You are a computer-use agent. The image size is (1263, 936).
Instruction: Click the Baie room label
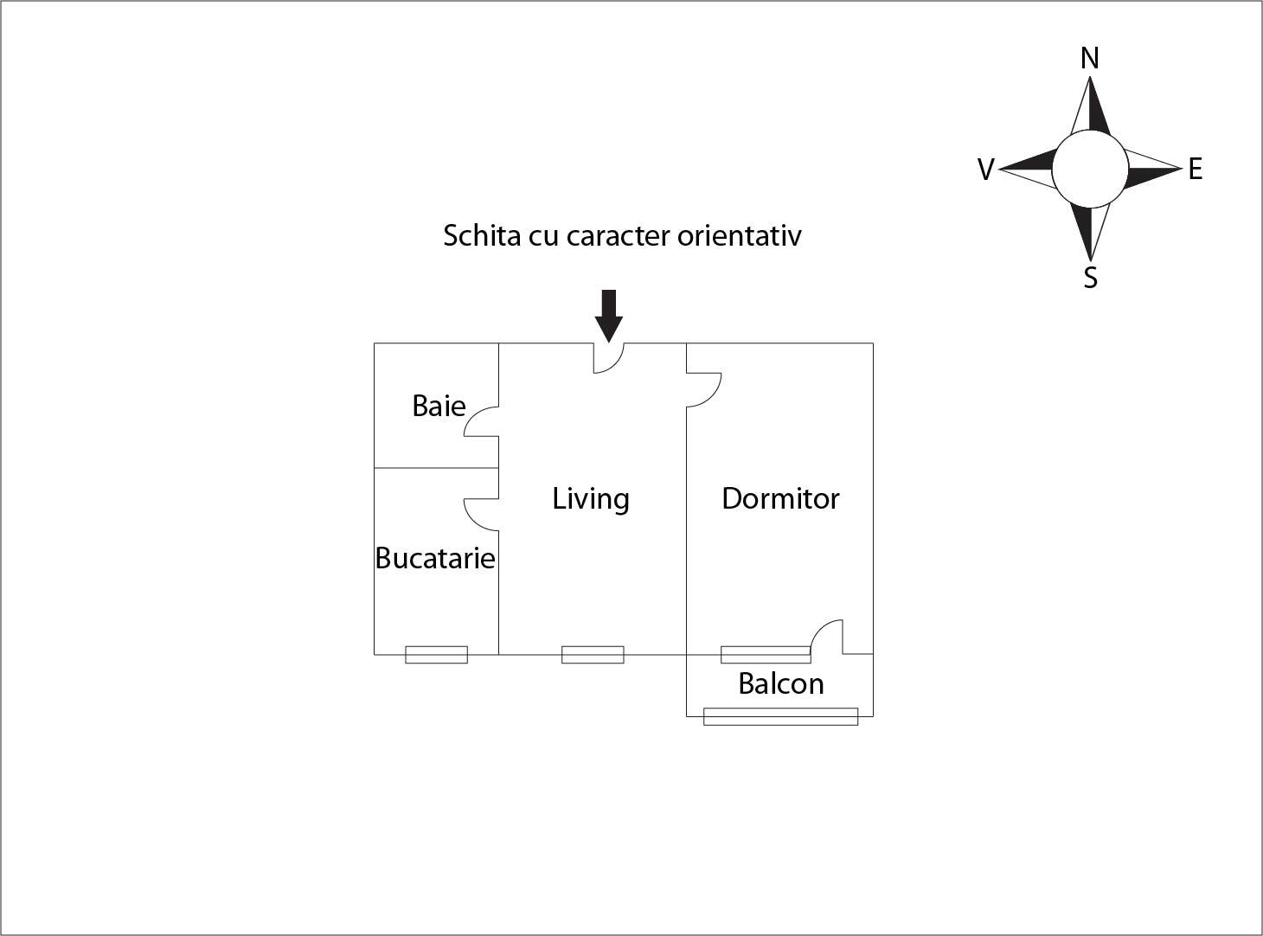pos(439,407)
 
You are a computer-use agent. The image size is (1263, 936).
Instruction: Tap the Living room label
pos(591,499)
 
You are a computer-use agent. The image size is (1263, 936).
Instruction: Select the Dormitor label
pos(780,498)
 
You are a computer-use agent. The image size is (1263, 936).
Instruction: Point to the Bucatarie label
pos(434,558)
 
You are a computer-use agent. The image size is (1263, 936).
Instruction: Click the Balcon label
pos(780,683)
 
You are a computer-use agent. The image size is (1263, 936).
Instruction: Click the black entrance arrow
pos(609,316)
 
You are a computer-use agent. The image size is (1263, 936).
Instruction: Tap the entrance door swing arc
pos(609,358)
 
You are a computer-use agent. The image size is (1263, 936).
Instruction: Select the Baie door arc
pos(481,421)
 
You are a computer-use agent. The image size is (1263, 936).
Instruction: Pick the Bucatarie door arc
pos(481,515)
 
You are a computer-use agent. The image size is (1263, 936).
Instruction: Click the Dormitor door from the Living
pos(704,390)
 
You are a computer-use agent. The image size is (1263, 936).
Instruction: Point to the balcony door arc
pos(827,637)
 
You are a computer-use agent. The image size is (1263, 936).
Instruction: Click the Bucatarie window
pos(436,655)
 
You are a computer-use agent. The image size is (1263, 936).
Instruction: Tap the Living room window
pos(593,655)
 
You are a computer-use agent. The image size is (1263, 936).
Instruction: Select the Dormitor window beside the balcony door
pos(766,655)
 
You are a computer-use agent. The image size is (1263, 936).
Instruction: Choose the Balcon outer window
pos(780,716)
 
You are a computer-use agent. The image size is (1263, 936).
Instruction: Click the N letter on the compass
pos(1090,59)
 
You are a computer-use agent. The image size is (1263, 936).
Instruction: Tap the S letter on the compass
pos(1091,278)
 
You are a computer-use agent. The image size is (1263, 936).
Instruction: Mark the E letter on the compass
pos(1196,170)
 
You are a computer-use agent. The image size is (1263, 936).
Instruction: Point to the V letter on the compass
pos(986,170)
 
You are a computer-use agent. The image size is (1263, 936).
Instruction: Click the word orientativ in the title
pos(739,236)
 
